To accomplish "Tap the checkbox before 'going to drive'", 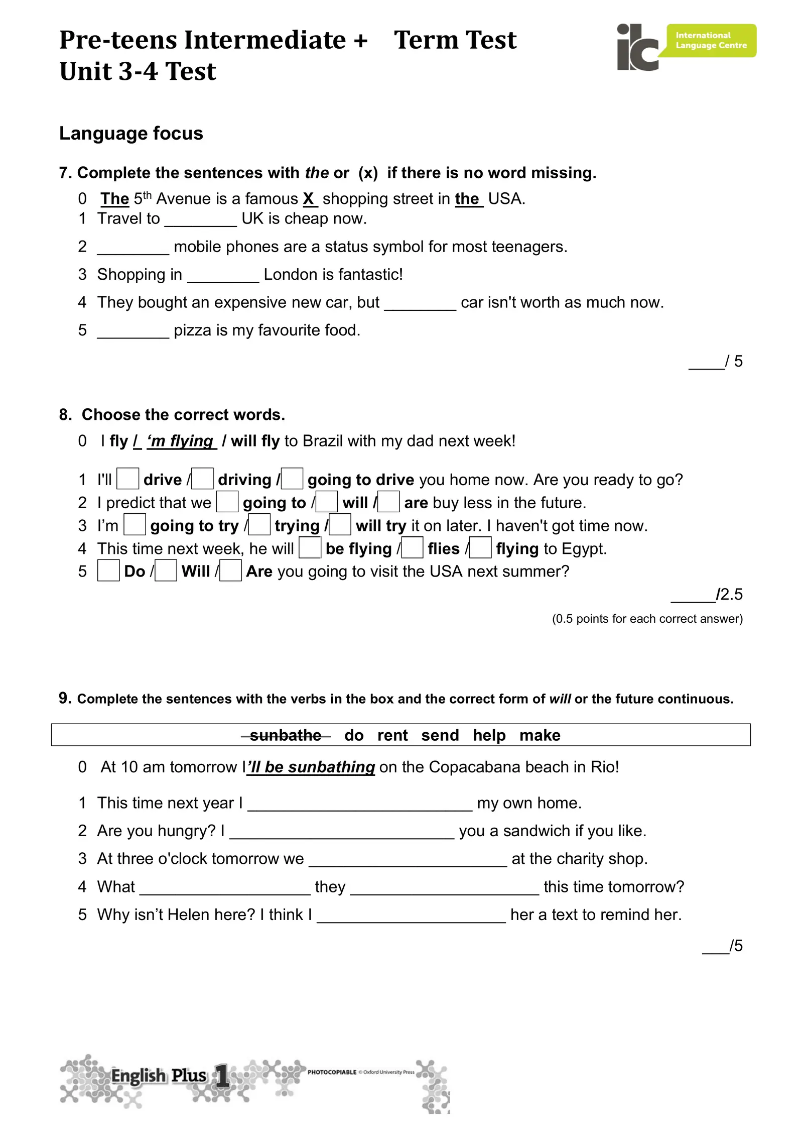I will (x=292, y=479).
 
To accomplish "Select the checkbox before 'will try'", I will (x=340, y=525).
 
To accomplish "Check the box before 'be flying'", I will (x=310, y=547).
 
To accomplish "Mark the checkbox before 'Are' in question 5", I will (x=230, y=571).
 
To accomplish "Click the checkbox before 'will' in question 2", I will (x=327, y=502).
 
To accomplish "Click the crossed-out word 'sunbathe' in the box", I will (x=286, y=735).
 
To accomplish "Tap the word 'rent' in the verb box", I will (x=392, y=735).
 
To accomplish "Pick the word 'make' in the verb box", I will (x=540, y=735).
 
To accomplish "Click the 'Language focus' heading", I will (x=131, y=134).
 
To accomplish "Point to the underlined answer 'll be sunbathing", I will (x=311, y=767).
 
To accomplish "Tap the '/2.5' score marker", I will (x=729, y=595).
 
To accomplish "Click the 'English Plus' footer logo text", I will (x=159, y=1076).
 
